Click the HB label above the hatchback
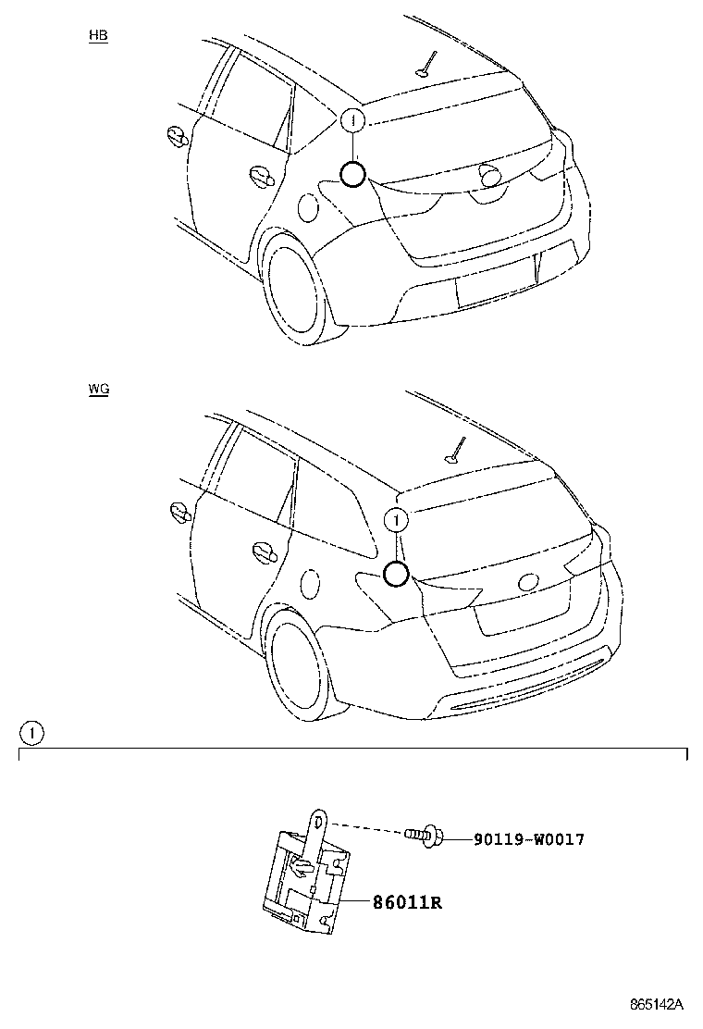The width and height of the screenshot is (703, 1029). pos(98,36)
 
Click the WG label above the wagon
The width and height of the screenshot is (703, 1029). pos(99,390)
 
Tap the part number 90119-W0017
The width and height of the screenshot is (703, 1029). pos(528,839)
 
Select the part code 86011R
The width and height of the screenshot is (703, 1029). pos(406,901)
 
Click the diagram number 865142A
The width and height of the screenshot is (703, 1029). pos(656,1004)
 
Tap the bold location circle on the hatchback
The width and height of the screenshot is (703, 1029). pos(352,173)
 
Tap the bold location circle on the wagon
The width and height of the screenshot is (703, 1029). pos(395,575)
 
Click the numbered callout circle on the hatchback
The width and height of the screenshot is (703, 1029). pos(352,120)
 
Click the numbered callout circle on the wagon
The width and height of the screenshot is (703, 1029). pos(395,521)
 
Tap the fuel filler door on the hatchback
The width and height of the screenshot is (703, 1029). pos(308,207)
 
